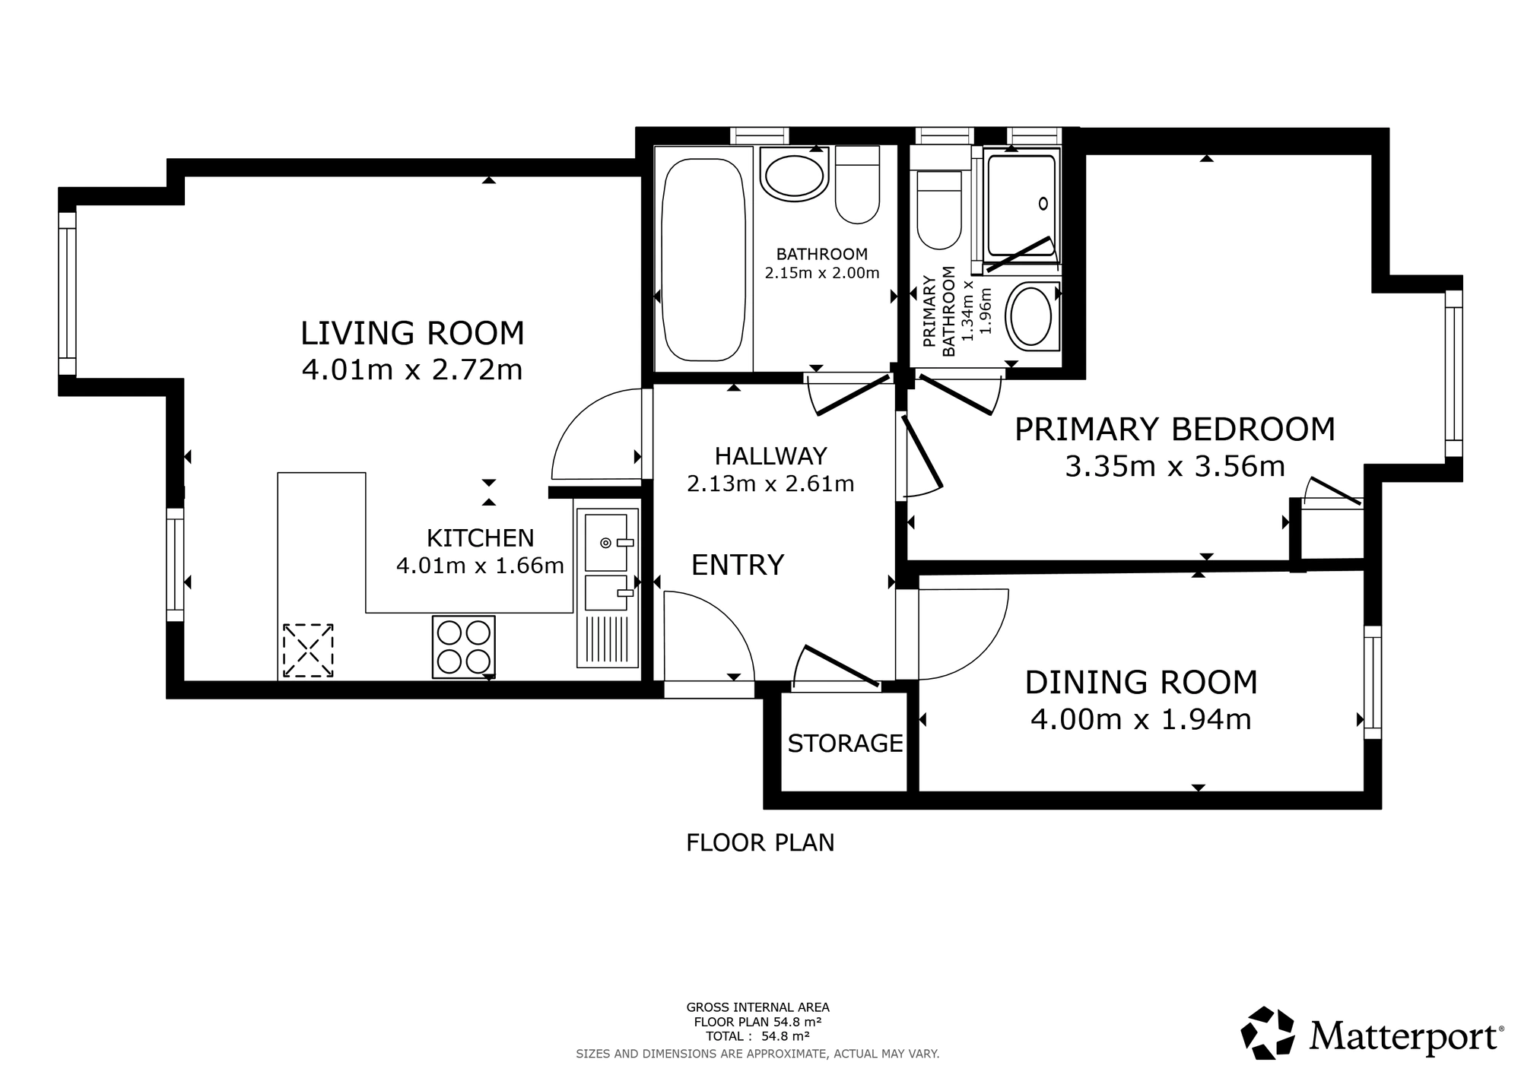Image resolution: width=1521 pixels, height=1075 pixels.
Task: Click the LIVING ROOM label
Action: (412, 333)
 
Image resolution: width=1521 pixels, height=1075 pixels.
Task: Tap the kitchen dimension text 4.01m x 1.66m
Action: (480, 566)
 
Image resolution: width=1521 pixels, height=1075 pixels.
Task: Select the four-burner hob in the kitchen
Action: (463, 647)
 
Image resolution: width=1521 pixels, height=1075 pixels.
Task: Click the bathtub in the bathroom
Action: (703, 260)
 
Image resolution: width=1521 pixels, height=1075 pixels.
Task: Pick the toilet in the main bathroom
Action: (858, 184)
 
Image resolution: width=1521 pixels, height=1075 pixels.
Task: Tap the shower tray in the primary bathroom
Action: (1020, 205)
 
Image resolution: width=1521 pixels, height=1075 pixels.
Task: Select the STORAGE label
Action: (845, 743)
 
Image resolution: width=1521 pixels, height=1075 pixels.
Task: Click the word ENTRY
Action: (737, 565)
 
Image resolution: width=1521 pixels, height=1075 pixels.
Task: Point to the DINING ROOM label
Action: (1141, 682)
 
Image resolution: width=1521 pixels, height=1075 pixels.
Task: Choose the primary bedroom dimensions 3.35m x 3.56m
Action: (1175, 466)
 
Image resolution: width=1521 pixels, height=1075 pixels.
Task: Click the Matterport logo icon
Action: (1268, 1032)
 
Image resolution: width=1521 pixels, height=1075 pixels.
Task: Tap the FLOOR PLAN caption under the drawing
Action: (760, 842)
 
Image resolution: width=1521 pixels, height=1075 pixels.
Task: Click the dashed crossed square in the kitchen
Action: (308, 650)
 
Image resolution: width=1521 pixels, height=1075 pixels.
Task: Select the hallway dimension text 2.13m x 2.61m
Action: (770, 484)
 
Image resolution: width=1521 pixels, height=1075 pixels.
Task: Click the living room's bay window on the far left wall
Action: (68, 293)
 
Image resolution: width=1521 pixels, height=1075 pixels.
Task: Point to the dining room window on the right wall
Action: (1373, 683)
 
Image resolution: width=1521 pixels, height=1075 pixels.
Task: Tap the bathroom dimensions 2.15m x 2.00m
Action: (822, 273)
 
